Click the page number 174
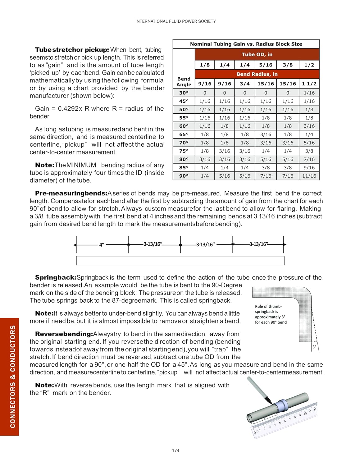[175, 450]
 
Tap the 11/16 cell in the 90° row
[309, 176]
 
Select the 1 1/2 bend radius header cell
[309, 84]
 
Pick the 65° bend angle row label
[184, 134]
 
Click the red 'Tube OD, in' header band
[257, 54]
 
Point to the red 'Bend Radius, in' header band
[257, 74]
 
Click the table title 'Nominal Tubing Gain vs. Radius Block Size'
[246, 44]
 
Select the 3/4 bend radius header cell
[244, 84]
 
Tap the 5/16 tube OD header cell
[266, 65]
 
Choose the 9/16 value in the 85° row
[309, 167]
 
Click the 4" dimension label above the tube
[102, 245]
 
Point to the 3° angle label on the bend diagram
[314, 347]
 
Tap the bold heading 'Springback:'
[56, 277]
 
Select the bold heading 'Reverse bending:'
[64, 334]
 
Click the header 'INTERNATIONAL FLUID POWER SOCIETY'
[175, 21]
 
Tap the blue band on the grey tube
[282, 405]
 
